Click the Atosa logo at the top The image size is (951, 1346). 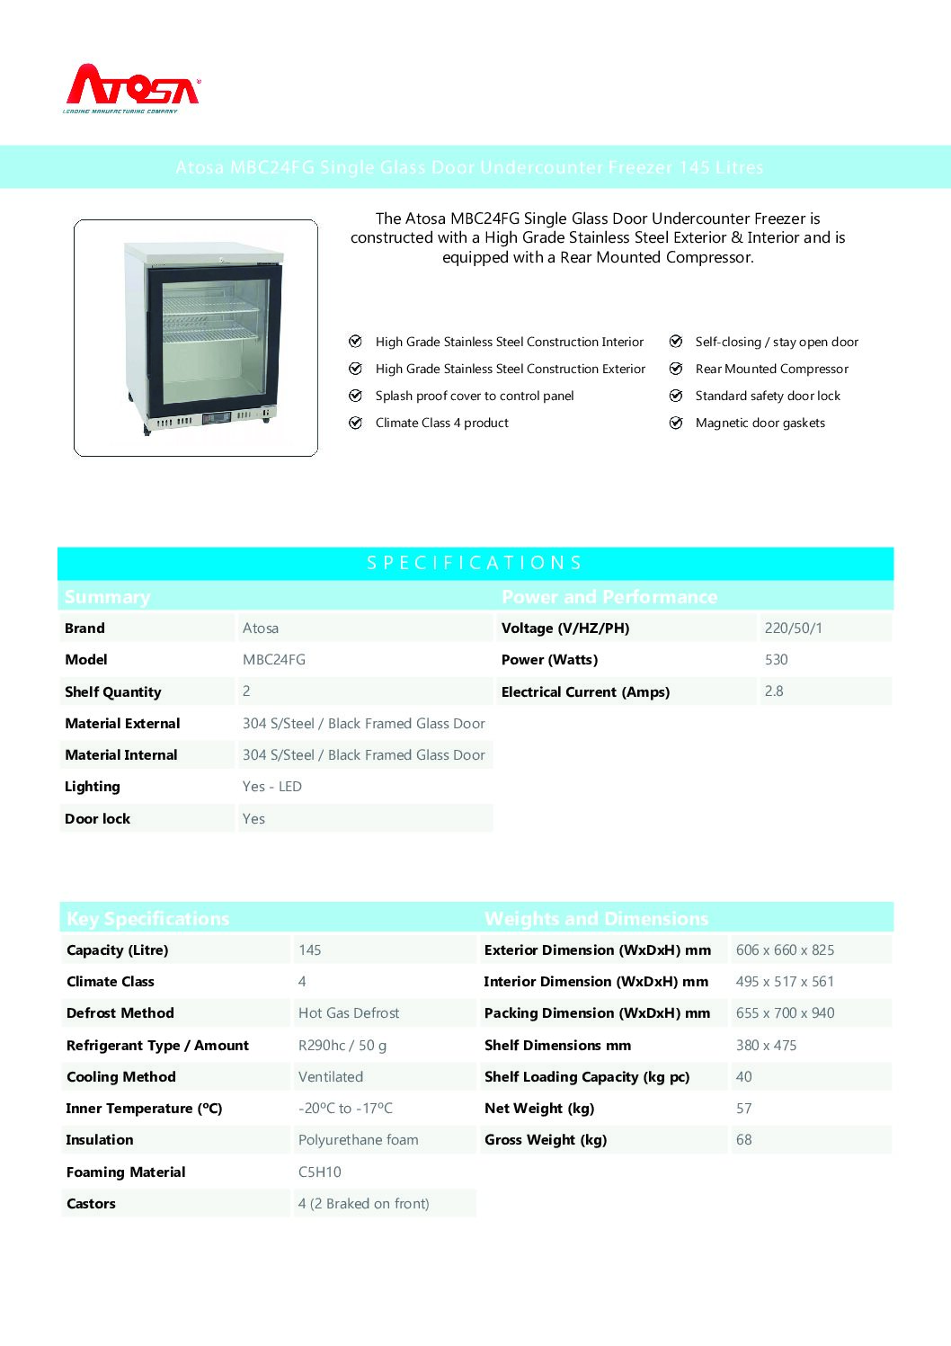click(133, 88)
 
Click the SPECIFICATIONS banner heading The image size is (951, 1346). click(475, 563)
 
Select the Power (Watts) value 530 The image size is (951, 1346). click(776, 660)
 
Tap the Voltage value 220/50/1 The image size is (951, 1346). click(793, 628)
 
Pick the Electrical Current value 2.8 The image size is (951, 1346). click(774, 691)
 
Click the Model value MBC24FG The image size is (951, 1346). click(274, 660)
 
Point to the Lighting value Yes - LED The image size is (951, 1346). click(272, 787)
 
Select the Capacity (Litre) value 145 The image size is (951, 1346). click(310, 950)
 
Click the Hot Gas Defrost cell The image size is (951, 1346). click(349, 1013)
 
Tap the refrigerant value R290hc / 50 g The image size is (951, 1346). click(342, 1046)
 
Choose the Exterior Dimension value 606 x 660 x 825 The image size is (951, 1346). click(785, 950)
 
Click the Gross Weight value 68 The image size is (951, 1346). click(744, 1140)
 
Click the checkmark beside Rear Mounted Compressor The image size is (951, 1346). click(676, 369)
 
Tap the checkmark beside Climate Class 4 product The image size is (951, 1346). click(355, 423)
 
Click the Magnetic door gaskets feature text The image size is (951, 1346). click(760, 423)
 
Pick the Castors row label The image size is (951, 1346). click(91, 1204)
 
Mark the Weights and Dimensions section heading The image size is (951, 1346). click(596, 919)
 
